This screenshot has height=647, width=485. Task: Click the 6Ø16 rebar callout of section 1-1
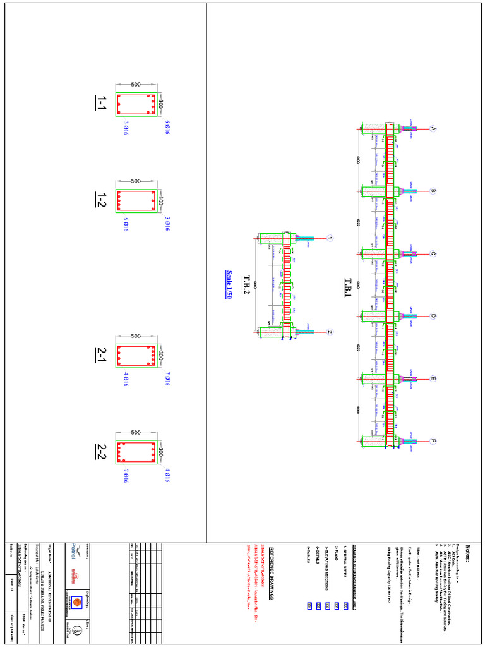tap(168, 127)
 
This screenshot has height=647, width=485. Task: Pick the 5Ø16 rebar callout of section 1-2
tap(126, 224)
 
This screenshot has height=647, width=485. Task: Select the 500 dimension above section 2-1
tap(136, 336)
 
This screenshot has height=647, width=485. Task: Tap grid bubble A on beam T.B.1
tap(433, 129)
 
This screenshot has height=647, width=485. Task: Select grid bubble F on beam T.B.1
tap(433, 442)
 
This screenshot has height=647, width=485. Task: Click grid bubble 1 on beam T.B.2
tap(330, 239)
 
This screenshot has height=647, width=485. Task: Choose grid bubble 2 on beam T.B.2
tap(330, 332)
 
